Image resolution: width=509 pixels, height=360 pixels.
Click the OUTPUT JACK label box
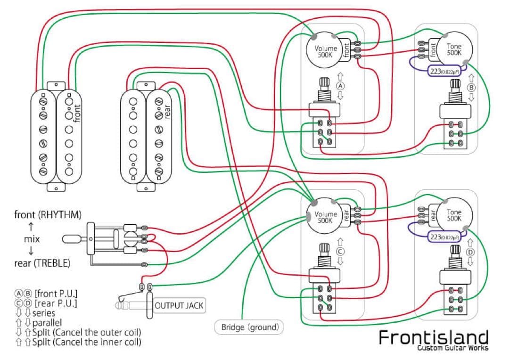point(179,305)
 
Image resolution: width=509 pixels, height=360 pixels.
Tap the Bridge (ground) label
point(249,327)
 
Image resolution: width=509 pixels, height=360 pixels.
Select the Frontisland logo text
point(434,337)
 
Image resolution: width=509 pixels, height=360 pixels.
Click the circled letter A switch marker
point(341,86)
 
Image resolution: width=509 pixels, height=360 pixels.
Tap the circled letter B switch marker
point(471,88)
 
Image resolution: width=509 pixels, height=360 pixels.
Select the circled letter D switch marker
point(470,253)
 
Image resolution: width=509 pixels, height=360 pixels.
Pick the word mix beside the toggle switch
point(32,239)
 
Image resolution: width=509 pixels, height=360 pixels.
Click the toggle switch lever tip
point(67,239)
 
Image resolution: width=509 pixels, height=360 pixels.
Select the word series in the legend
point(43,313)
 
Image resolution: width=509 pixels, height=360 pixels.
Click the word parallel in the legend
point(48,323)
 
